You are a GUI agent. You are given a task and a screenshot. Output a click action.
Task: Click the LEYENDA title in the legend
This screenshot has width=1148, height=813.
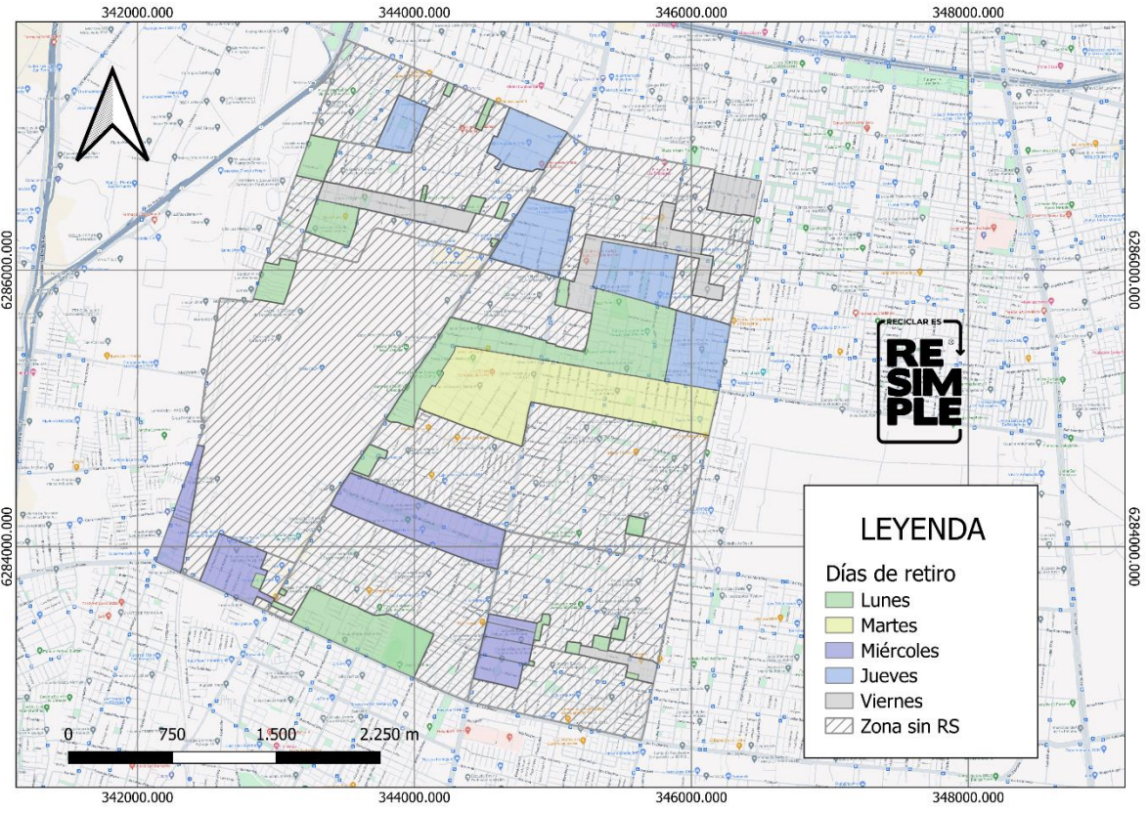922,529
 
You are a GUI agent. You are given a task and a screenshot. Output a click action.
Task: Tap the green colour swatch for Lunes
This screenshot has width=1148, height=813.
838,600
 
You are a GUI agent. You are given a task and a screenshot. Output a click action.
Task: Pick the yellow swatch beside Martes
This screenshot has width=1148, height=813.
838,625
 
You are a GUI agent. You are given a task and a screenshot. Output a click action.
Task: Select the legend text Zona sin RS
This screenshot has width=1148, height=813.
909,727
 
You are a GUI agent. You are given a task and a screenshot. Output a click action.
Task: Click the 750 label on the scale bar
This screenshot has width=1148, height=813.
172,735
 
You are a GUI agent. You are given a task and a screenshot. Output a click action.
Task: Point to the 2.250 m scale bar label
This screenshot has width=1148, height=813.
389,735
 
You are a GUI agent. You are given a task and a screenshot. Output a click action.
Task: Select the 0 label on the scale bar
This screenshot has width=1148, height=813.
67,735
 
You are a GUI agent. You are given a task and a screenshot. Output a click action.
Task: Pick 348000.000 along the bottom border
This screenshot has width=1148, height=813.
967,800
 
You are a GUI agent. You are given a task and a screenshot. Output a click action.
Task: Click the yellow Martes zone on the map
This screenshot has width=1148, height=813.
489,396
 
